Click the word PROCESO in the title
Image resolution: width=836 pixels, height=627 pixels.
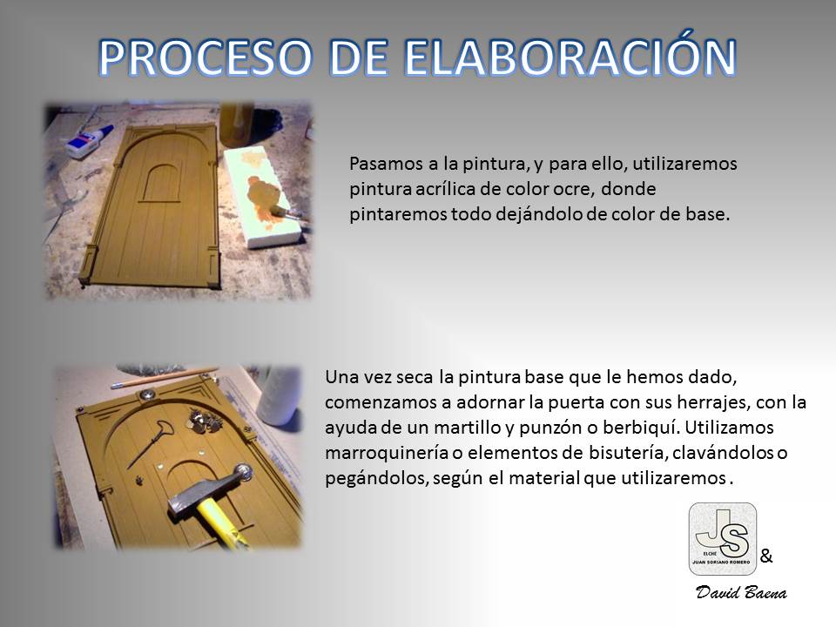pyautogui.click(x=205, y=57)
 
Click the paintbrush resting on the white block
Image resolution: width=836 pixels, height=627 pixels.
pyautogui.click(x=288, y=213)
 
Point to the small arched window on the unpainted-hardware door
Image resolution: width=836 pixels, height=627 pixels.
pyautogui.click(x=158, y=183)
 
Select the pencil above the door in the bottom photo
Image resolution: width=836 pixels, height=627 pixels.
pyautogui.click(x=165, y=377)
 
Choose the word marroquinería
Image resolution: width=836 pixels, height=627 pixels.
pyautogui.click(x=386, y=453)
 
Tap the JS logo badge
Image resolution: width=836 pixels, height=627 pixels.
pyautogui.click(x=723, y=538)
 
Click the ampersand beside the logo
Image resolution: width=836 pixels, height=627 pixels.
pyautogui.click(x=766, y=556)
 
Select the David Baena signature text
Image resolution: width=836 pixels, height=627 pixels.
pyautogui.click(x=741, y=592)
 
